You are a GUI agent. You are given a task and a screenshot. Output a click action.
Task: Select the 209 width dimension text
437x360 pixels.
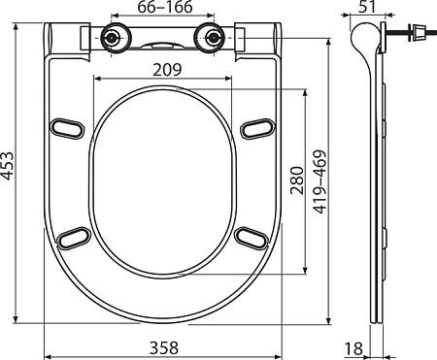tap(165, 70)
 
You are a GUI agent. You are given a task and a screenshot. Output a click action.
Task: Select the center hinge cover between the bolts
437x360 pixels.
tap(162, 44)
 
